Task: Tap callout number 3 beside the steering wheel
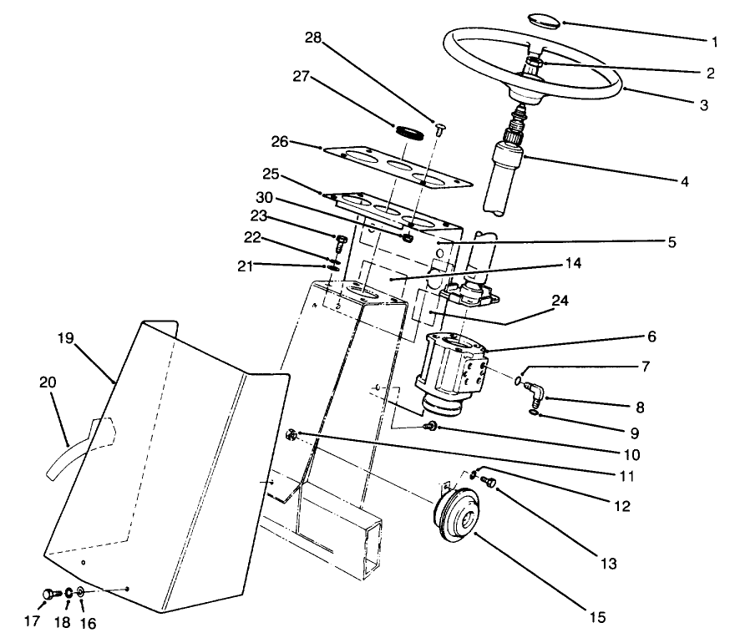click(x=703, y=106)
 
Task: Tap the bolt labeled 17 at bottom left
click(x=48, y=594)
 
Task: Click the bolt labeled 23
click(x=340, y=244)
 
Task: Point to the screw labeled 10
click(x=431, y=428)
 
